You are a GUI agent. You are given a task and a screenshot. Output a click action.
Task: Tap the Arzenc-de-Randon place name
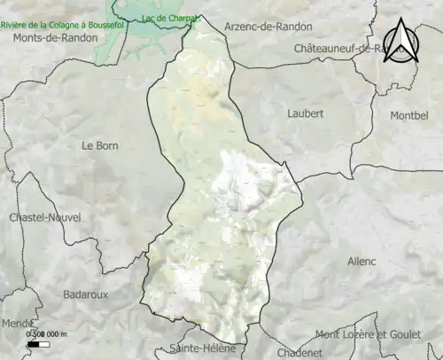coord(268,27)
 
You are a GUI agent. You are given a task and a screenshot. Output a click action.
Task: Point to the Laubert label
coord(306,113)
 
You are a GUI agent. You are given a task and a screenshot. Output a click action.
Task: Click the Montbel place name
coord(408,116)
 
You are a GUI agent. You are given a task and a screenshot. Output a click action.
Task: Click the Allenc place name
coord(361,262)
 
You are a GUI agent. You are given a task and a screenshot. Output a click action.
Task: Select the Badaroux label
coord(86,293)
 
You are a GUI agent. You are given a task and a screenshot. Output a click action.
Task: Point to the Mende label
coord(15,324)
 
